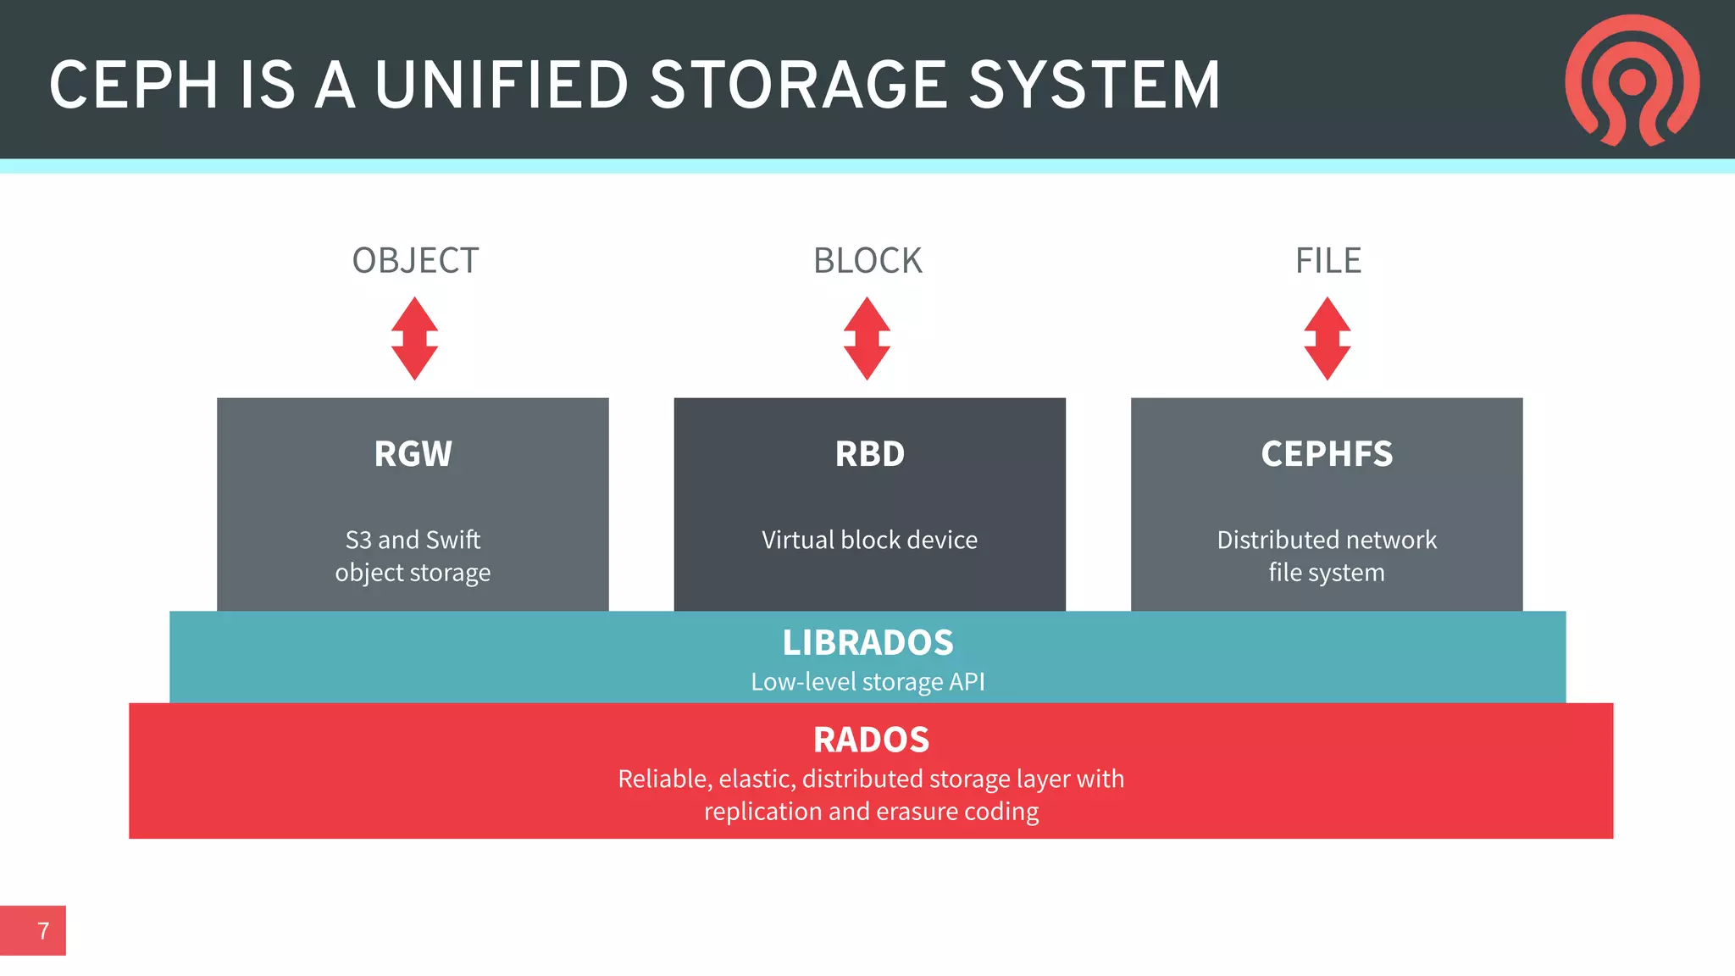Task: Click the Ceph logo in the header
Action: tap(1632, 80)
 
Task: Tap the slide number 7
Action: tap(43, 931)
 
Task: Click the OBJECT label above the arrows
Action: tap(415, 261)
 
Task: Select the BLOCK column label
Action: tap(867, 261)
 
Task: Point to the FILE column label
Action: tap(1328, 261)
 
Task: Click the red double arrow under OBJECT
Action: tap(414, 338)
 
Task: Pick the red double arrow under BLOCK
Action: tap(867, 338)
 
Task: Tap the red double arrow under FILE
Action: tap(1327, 338)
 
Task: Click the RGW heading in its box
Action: tap(413, 454)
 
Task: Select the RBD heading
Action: tap(869, 454)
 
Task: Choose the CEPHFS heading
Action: tap(1327, 454)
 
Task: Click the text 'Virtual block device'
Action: tap(869, 540)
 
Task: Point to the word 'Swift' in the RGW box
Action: tap(453, 540)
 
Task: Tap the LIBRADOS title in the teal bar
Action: tap(867, 642)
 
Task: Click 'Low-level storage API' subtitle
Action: tap(867, 681)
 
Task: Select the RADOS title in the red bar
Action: tap(871, 740)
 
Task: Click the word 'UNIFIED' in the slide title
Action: tap(501, 86)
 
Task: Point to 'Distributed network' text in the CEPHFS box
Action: tap(1327, 540)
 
